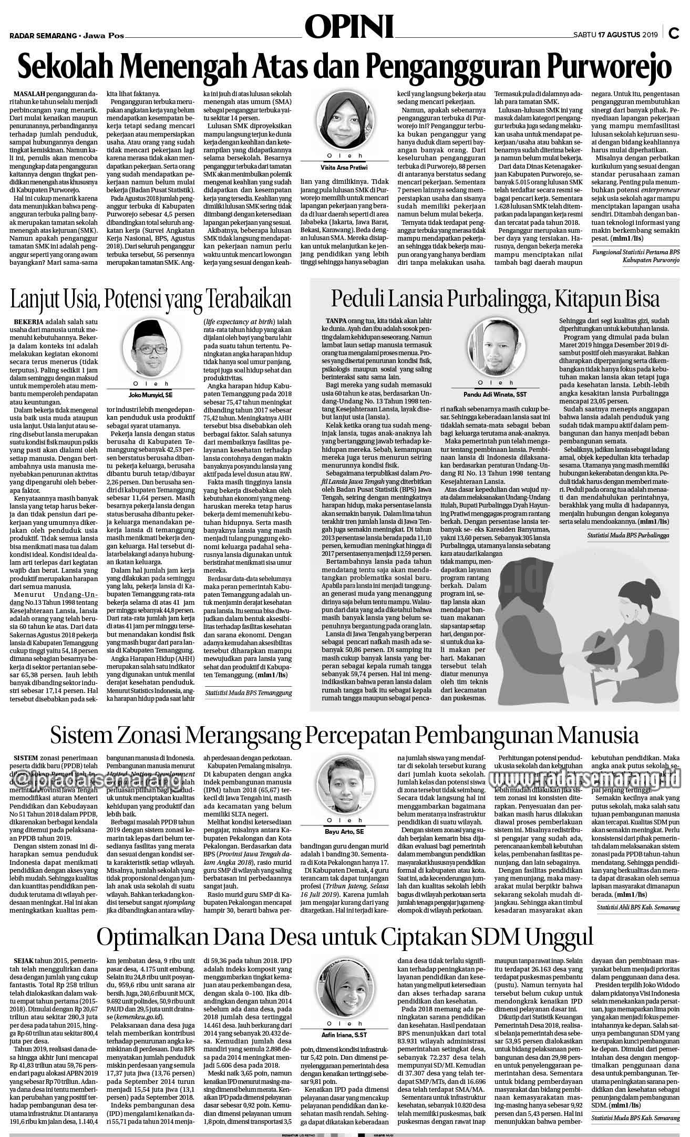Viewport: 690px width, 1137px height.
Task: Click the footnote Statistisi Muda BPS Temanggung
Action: tap(249, 693)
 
